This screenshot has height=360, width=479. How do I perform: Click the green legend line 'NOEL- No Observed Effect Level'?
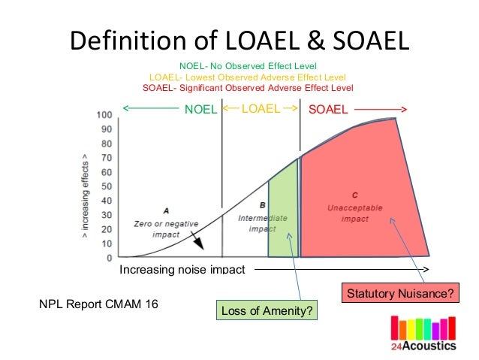[x=248, y=65]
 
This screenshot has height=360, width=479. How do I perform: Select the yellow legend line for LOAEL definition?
[x=248, y=77]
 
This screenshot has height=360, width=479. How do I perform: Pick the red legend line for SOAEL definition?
[x=248, y=88]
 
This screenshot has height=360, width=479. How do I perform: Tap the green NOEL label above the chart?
[x=200, y=109]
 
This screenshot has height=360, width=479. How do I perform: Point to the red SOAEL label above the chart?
[x=329, y=109]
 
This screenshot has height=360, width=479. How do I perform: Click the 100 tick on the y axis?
[x=104, y=115]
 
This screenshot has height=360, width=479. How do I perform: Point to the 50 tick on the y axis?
[x=106, y=186]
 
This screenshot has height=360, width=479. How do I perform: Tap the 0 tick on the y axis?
[x=109, y=258]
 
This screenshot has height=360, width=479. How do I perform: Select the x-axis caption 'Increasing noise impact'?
[x=182, y=270]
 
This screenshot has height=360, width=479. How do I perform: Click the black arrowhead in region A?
[x=197, y=244]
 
